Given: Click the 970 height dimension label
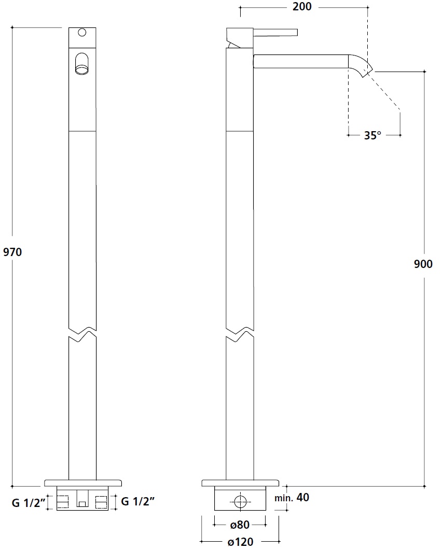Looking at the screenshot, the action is click(x=12, y=252).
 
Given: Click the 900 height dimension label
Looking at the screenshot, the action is click(x=423, y=264).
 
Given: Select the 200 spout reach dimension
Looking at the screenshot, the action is click(x=302, y=6).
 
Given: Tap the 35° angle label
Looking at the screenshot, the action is click(x=372, y=135).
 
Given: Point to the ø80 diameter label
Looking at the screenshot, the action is click(x=240, y=525).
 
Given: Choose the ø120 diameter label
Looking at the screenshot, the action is click(x=240, y=542).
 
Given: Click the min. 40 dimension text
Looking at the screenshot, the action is click(x=292, y=498).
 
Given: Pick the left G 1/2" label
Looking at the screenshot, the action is click(x=29, y=503).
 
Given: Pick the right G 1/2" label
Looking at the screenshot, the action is click(x=137, y=501).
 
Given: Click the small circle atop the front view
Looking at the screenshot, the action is click(x=82, y=33).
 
